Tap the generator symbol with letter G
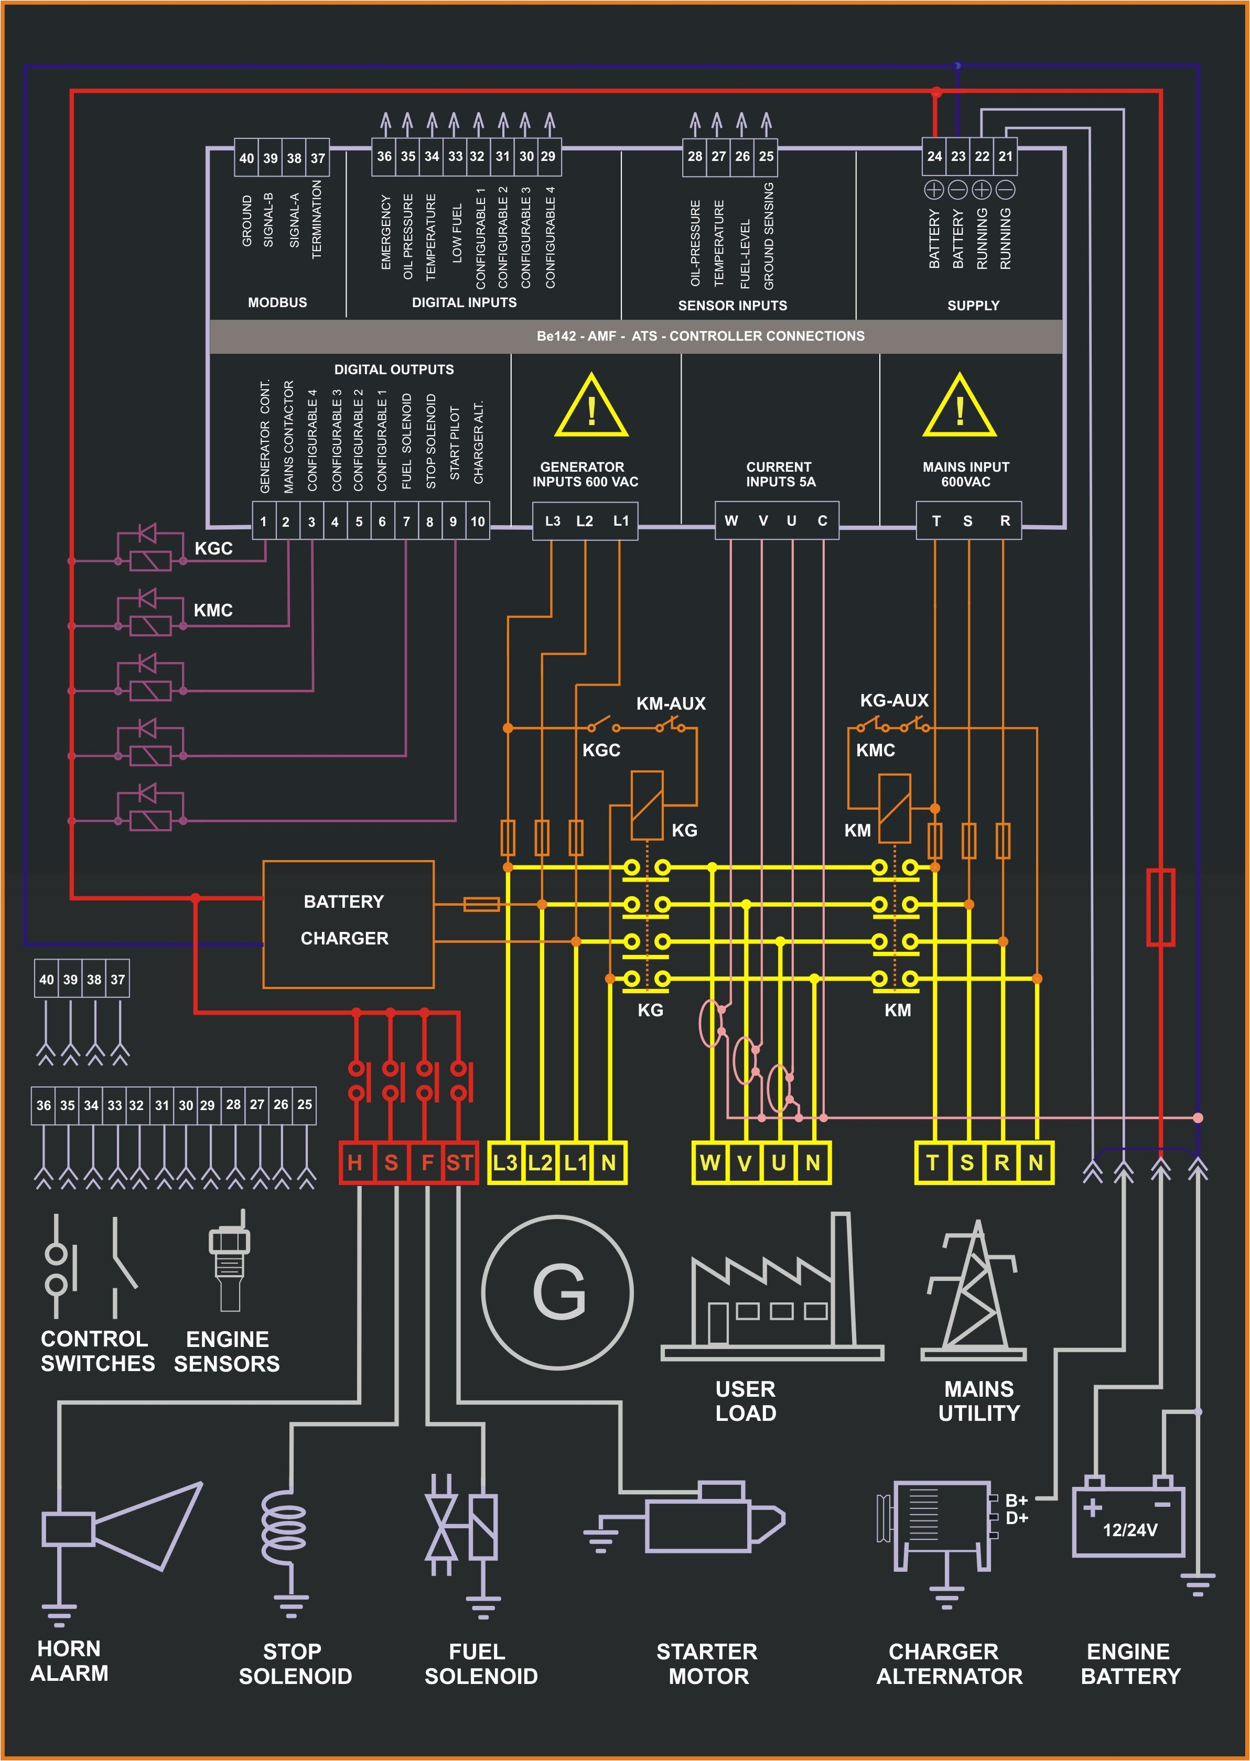coord(558,1292)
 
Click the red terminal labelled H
coord(355,1162)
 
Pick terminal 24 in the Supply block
coord(934,156)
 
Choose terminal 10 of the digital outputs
coord(477,521)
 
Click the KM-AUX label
coord(671,703)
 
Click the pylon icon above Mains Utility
coord(974,1292)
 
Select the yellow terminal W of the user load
coord(709,1162)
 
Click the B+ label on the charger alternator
coord(1016,1500)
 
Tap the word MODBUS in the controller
coord(277,302)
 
